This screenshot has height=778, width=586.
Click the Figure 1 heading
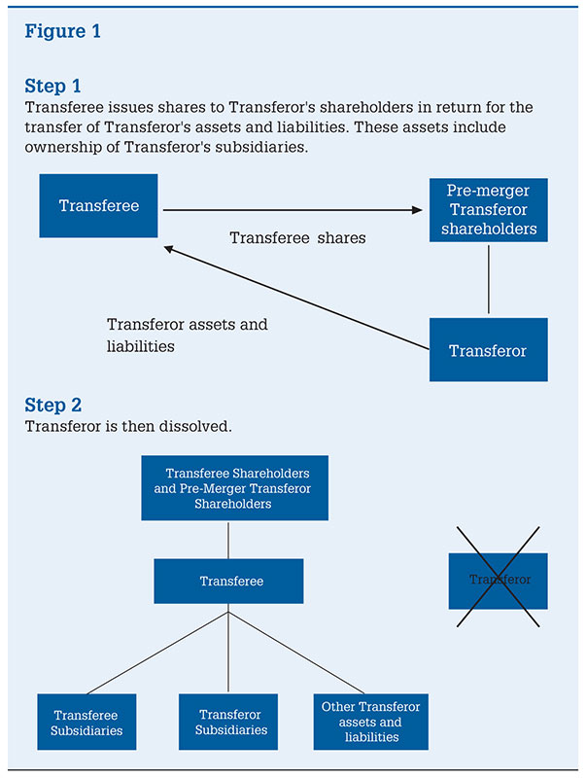tap(63, 31)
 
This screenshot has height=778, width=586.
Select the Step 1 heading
tap(53, 87)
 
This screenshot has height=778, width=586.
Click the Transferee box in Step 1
tap(98, 205)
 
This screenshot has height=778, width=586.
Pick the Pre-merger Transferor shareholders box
tap(488, 209)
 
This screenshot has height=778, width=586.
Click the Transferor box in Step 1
tap(488, 350)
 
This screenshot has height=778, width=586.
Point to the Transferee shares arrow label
tap(297, 237)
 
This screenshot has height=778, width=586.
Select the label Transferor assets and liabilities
tap(187, 335)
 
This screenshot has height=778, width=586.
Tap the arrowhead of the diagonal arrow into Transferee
tap(169, 249)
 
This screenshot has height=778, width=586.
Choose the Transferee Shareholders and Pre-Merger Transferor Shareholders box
tap(233, 488)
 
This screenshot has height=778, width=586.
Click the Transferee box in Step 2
tap(229, 581)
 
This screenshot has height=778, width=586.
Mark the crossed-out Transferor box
tap(499, 580)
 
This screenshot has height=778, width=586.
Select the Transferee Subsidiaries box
tap(86, 722)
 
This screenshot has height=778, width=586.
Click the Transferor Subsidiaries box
tap(228, 722)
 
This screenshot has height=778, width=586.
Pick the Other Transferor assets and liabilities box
tap(371, 722)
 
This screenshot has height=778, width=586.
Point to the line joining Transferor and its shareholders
tap(488, 280)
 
